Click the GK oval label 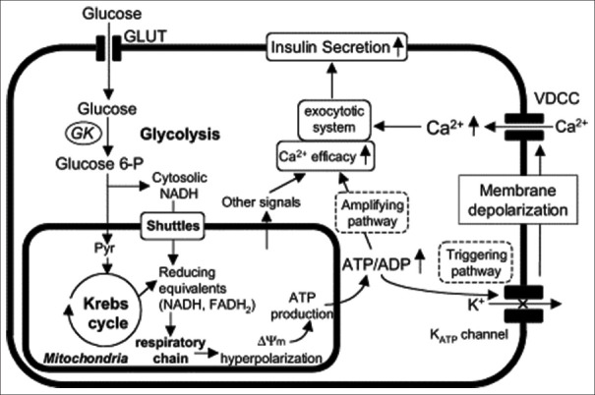pos(84,134)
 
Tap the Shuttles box pos(173,226)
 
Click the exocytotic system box pos(334,120)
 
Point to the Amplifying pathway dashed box pos(372,212)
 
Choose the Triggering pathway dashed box pos(476,262)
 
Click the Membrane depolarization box pos(518,199)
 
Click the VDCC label pos(557,98)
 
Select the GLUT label pos(146,36)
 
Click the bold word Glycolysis pos(180,135)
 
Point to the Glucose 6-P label pos(99,164)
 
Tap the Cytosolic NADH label pos(179,186)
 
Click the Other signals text pos(261,202)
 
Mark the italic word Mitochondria pos(86,359)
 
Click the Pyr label pos(104,249)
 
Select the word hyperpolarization pos(271,359)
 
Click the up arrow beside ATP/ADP pos(420,260)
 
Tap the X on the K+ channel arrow pos(523,304)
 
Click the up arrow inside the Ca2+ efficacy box pos(366,155)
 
